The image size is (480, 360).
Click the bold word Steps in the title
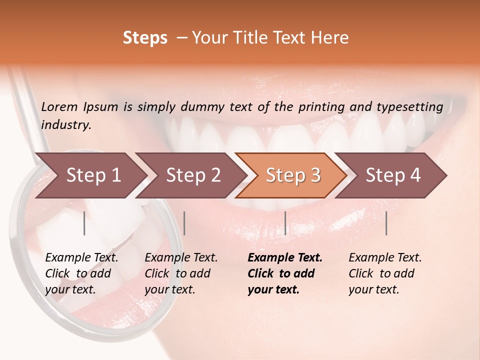145,38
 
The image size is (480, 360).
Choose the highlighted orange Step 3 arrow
293,175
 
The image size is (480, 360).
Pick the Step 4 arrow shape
393,175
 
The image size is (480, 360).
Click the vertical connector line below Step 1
84,223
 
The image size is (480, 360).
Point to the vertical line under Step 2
184,223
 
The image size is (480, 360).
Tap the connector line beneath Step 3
285,223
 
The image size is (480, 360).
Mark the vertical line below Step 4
386,223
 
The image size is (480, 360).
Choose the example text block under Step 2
181,273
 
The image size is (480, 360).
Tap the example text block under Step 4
385,273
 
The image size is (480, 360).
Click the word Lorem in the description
59,106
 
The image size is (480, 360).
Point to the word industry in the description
66,124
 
